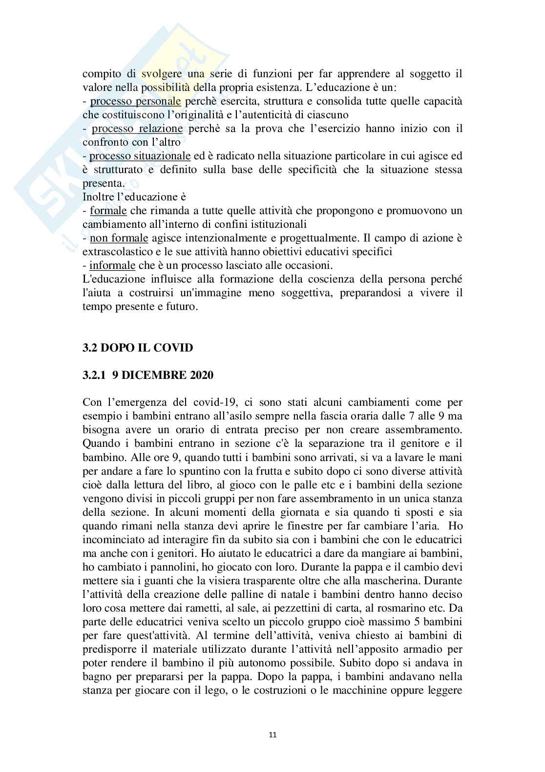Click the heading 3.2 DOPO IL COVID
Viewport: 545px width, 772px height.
pos(137,348)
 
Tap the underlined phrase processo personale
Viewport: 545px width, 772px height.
pos(136,101)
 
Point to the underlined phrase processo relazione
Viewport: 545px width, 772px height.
pos(137,129)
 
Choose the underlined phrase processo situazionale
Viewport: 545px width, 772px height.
pos(140,156)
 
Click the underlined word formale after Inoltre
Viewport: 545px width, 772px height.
pos(108,211)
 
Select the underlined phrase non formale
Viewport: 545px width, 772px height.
pos(119,239)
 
